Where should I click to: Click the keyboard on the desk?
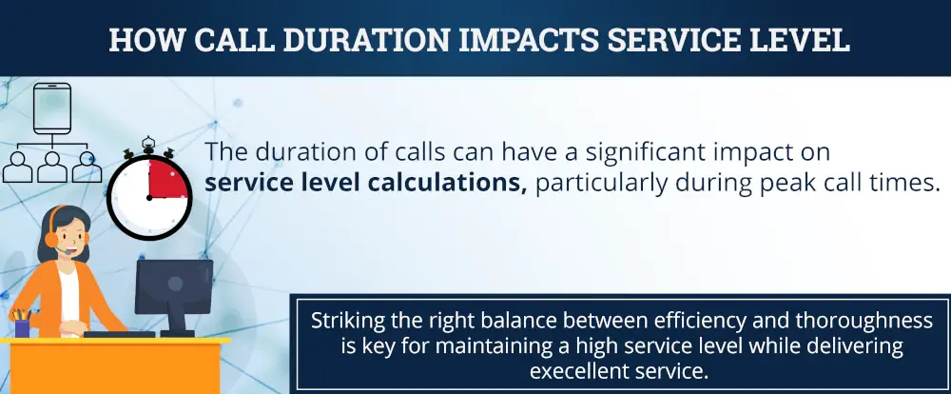(119, 334)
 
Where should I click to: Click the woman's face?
(65, 233)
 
